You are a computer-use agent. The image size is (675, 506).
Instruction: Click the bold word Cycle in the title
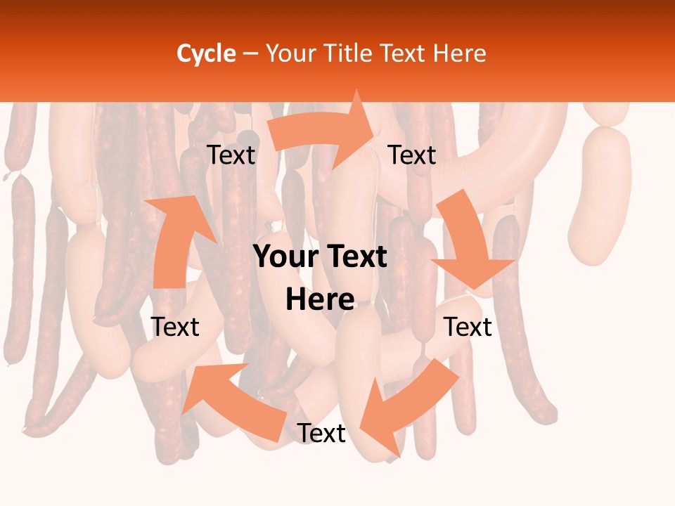point(205,53)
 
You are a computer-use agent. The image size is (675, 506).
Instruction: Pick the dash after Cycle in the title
point(250,54)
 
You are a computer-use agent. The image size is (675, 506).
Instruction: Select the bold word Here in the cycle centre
point(320,300)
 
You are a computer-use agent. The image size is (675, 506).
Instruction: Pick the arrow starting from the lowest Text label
point(232,401)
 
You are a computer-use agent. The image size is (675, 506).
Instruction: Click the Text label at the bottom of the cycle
point(321,434)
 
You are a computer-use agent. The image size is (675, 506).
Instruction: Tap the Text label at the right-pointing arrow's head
point(412,155)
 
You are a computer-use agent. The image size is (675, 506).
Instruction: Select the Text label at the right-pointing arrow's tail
point(231,155)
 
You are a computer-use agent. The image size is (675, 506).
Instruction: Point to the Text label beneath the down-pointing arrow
point(468,327)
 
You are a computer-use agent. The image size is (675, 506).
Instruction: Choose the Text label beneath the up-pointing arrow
point(175,327)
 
